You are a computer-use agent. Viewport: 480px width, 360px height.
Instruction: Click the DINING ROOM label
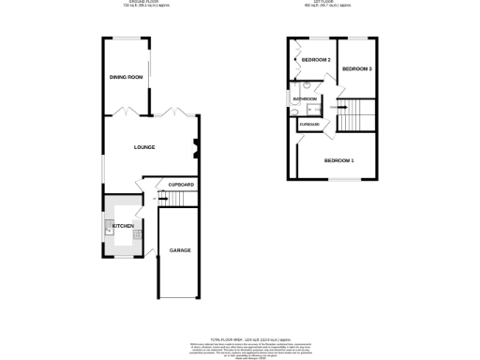tap(127, 77)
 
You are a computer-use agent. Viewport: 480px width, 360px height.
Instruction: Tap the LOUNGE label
tap(143, 147)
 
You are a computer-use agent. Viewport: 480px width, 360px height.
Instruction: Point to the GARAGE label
tap(179, 251)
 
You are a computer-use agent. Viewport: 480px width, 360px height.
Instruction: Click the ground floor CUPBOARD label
tap(181, 185)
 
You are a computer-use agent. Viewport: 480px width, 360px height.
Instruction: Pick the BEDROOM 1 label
tap(338, 160)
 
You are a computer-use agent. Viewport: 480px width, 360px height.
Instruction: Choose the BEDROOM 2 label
tap(316, 60)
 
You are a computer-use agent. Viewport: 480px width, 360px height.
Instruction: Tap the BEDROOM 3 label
tap(357, 69)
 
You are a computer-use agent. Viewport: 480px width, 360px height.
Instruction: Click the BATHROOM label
tap(305, 98)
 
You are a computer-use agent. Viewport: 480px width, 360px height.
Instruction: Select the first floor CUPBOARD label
tap(309, 124)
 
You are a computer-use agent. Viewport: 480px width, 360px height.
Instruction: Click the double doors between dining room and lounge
tap(129, 112)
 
